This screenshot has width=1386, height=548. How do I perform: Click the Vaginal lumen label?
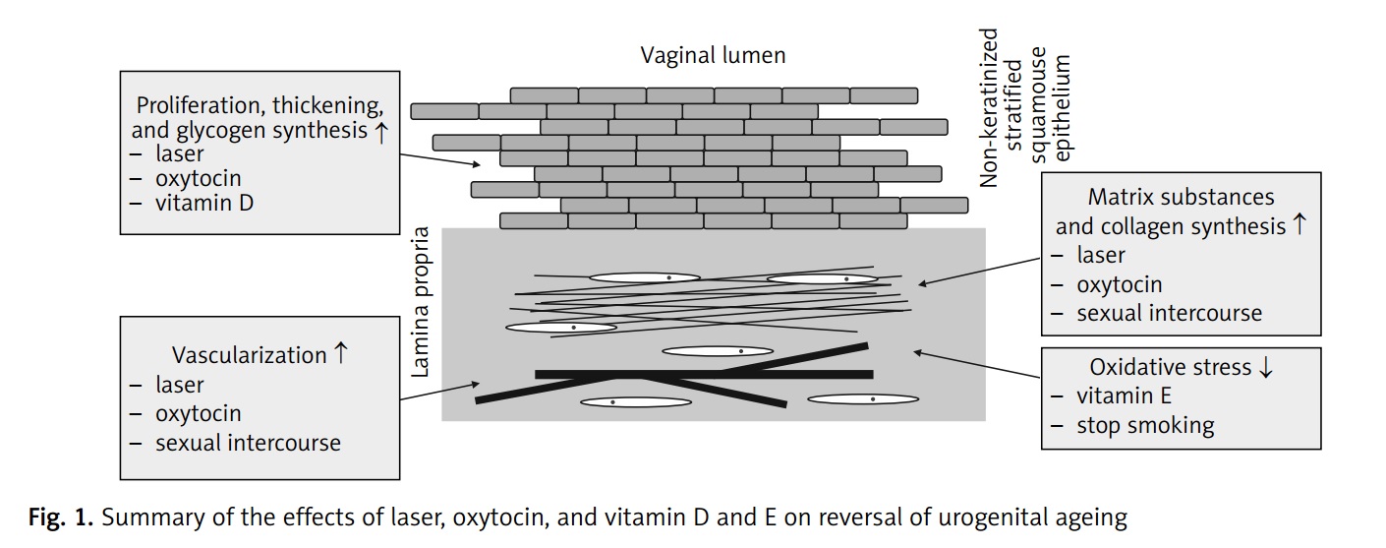(713, 55)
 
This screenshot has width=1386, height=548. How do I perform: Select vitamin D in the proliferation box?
(203, 204)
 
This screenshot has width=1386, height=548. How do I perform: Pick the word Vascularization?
(250, 355)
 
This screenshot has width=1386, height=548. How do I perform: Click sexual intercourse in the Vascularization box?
(248, 443)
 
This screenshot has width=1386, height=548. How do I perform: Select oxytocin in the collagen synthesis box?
(1119, 284)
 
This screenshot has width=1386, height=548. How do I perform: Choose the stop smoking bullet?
(1145, 426)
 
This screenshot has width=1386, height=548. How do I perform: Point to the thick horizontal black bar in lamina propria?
(704, 374)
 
